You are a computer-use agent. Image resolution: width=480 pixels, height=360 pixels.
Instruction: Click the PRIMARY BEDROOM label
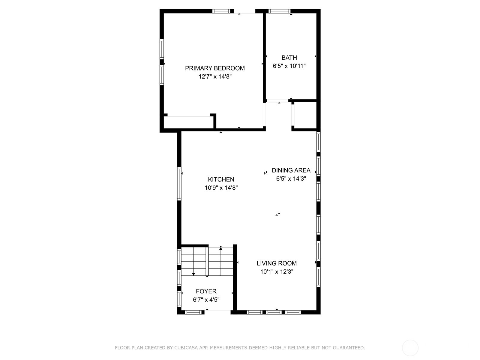click(x=215, y=68)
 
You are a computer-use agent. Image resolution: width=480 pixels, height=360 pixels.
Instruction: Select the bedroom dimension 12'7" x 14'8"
click(x=215, y=76)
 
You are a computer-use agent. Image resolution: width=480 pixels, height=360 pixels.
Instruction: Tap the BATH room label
click(x=289, y=58)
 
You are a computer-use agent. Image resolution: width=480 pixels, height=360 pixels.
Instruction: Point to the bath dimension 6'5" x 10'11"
click(x=289, y=66)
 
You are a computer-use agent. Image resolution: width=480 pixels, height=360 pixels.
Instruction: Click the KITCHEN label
click(x=221, y=179)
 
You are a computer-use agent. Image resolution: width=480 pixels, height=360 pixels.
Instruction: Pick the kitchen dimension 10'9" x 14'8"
click(x=221, y=188)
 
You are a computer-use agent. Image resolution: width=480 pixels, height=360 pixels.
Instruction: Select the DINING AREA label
click(x=291, y=170)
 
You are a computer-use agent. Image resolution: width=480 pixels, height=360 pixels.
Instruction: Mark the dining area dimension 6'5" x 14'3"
click(x=291, y=178)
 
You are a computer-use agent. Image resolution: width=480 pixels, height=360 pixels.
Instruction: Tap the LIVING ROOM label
click(x=277, y=263)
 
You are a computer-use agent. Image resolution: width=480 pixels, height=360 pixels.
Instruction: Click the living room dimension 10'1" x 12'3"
click(x=277, y=272)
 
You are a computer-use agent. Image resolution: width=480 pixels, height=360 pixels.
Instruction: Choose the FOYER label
click(x=206, y=291)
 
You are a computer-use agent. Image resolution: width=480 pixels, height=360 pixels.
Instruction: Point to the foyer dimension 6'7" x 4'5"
click(x=206, y=300)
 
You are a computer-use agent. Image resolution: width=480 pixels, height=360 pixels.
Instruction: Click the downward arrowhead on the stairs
click(x=193, y=274)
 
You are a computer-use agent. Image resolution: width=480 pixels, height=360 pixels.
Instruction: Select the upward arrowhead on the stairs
click(x=221, y=248)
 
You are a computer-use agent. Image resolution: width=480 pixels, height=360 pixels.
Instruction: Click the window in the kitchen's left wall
click(x=179, y=184)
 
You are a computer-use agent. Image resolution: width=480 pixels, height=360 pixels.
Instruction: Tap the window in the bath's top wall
click(x=280, y=11)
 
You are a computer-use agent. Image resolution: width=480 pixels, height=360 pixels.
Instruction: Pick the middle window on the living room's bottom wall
click(x=274, y=312)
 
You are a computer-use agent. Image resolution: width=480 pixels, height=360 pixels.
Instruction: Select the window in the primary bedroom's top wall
click(x=221, y=11)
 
